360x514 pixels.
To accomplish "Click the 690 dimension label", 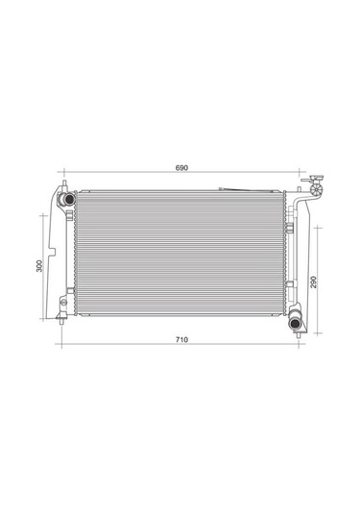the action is [x=181, y=168].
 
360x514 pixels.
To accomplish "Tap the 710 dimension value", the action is [x=181, y=339].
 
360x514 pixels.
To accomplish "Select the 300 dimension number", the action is [x=39, y=265].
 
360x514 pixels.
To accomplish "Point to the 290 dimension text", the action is [x=314, y=281].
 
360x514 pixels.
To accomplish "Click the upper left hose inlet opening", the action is [x=69, y=198].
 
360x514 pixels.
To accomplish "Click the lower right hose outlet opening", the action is [x=294, y=324].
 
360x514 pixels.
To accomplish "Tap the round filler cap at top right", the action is [x=317, y=190].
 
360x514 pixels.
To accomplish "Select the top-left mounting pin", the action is [x=64, y=183].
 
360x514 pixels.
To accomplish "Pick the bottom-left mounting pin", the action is [x=61, y=321].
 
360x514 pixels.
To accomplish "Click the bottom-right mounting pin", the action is [x=300, y=335].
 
